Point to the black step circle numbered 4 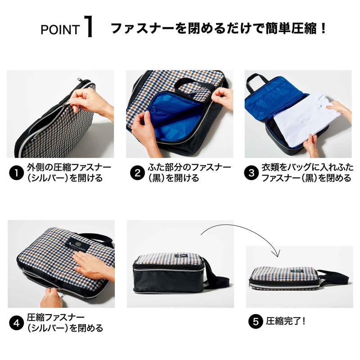coord(17,322)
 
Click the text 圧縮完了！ coord(286,322)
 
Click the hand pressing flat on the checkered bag coord(90,263)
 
